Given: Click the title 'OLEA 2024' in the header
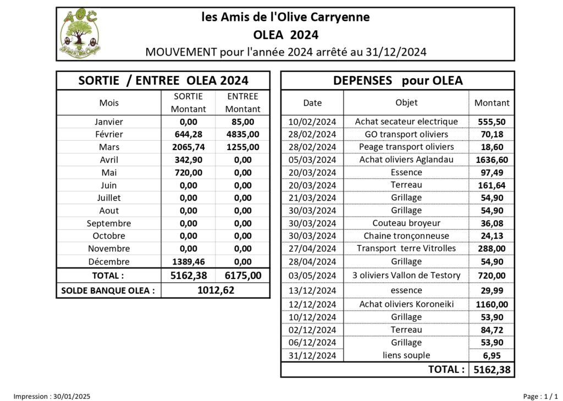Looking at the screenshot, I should pyautogui.click(x=285, y=35).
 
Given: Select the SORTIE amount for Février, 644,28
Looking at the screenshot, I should pyautogui.click(x=188, y=134).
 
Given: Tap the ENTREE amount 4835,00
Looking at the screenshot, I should pyautogui.click(x=242, y=134).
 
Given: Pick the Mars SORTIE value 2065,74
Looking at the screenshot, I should pyautogui.click(x=188, y=147).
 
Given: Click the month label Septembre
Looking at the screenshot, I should pyautogui.click(x=109, y=223).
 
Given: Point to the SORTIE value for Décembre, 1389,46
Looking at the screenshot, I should pyautogui.click(x=188, y=262).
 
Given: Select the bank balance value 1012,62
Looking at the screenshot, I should pyautogui.click(x=216, y=290).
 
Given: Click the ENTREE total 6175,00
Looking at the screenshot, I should pyautogui.click(x=242, y=276).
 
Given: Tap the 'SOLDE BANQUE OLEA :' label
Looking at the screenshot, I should pyautogui.click(x=108, y=290).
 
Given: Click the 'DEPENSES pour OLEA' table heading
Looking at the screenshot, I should pyautogui.click(x=398, y=81).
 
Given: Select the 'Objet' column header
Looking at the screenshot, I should pyautogui.click(x=406, y=102).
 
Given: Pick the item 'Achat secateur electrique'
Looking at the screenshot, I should pyautogui.click(x=406, y=122).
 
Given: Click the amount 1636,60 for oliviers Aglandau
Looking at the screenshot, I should pyautogui.click(x=492, y=160).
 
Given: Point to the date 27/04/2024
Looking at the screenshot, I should pyautogui.click(x=312, y=249).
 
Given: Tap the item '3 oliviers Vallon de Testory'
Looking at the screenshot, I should pyautogui.click(x=406, y=275).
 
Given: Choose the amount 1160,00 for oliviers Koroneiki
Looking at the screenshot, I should pyautogui.click(x=492, y=304).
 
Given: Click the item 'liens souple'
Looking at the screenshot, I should pyautogui.click(x=406, y=355).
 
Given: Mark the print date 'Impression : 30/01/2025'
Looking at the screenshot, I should pyautogui.click(x=52, y=396).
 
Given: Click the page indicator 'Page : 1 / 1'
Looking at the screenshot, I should pyautogui.click(x=540, y=396).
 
